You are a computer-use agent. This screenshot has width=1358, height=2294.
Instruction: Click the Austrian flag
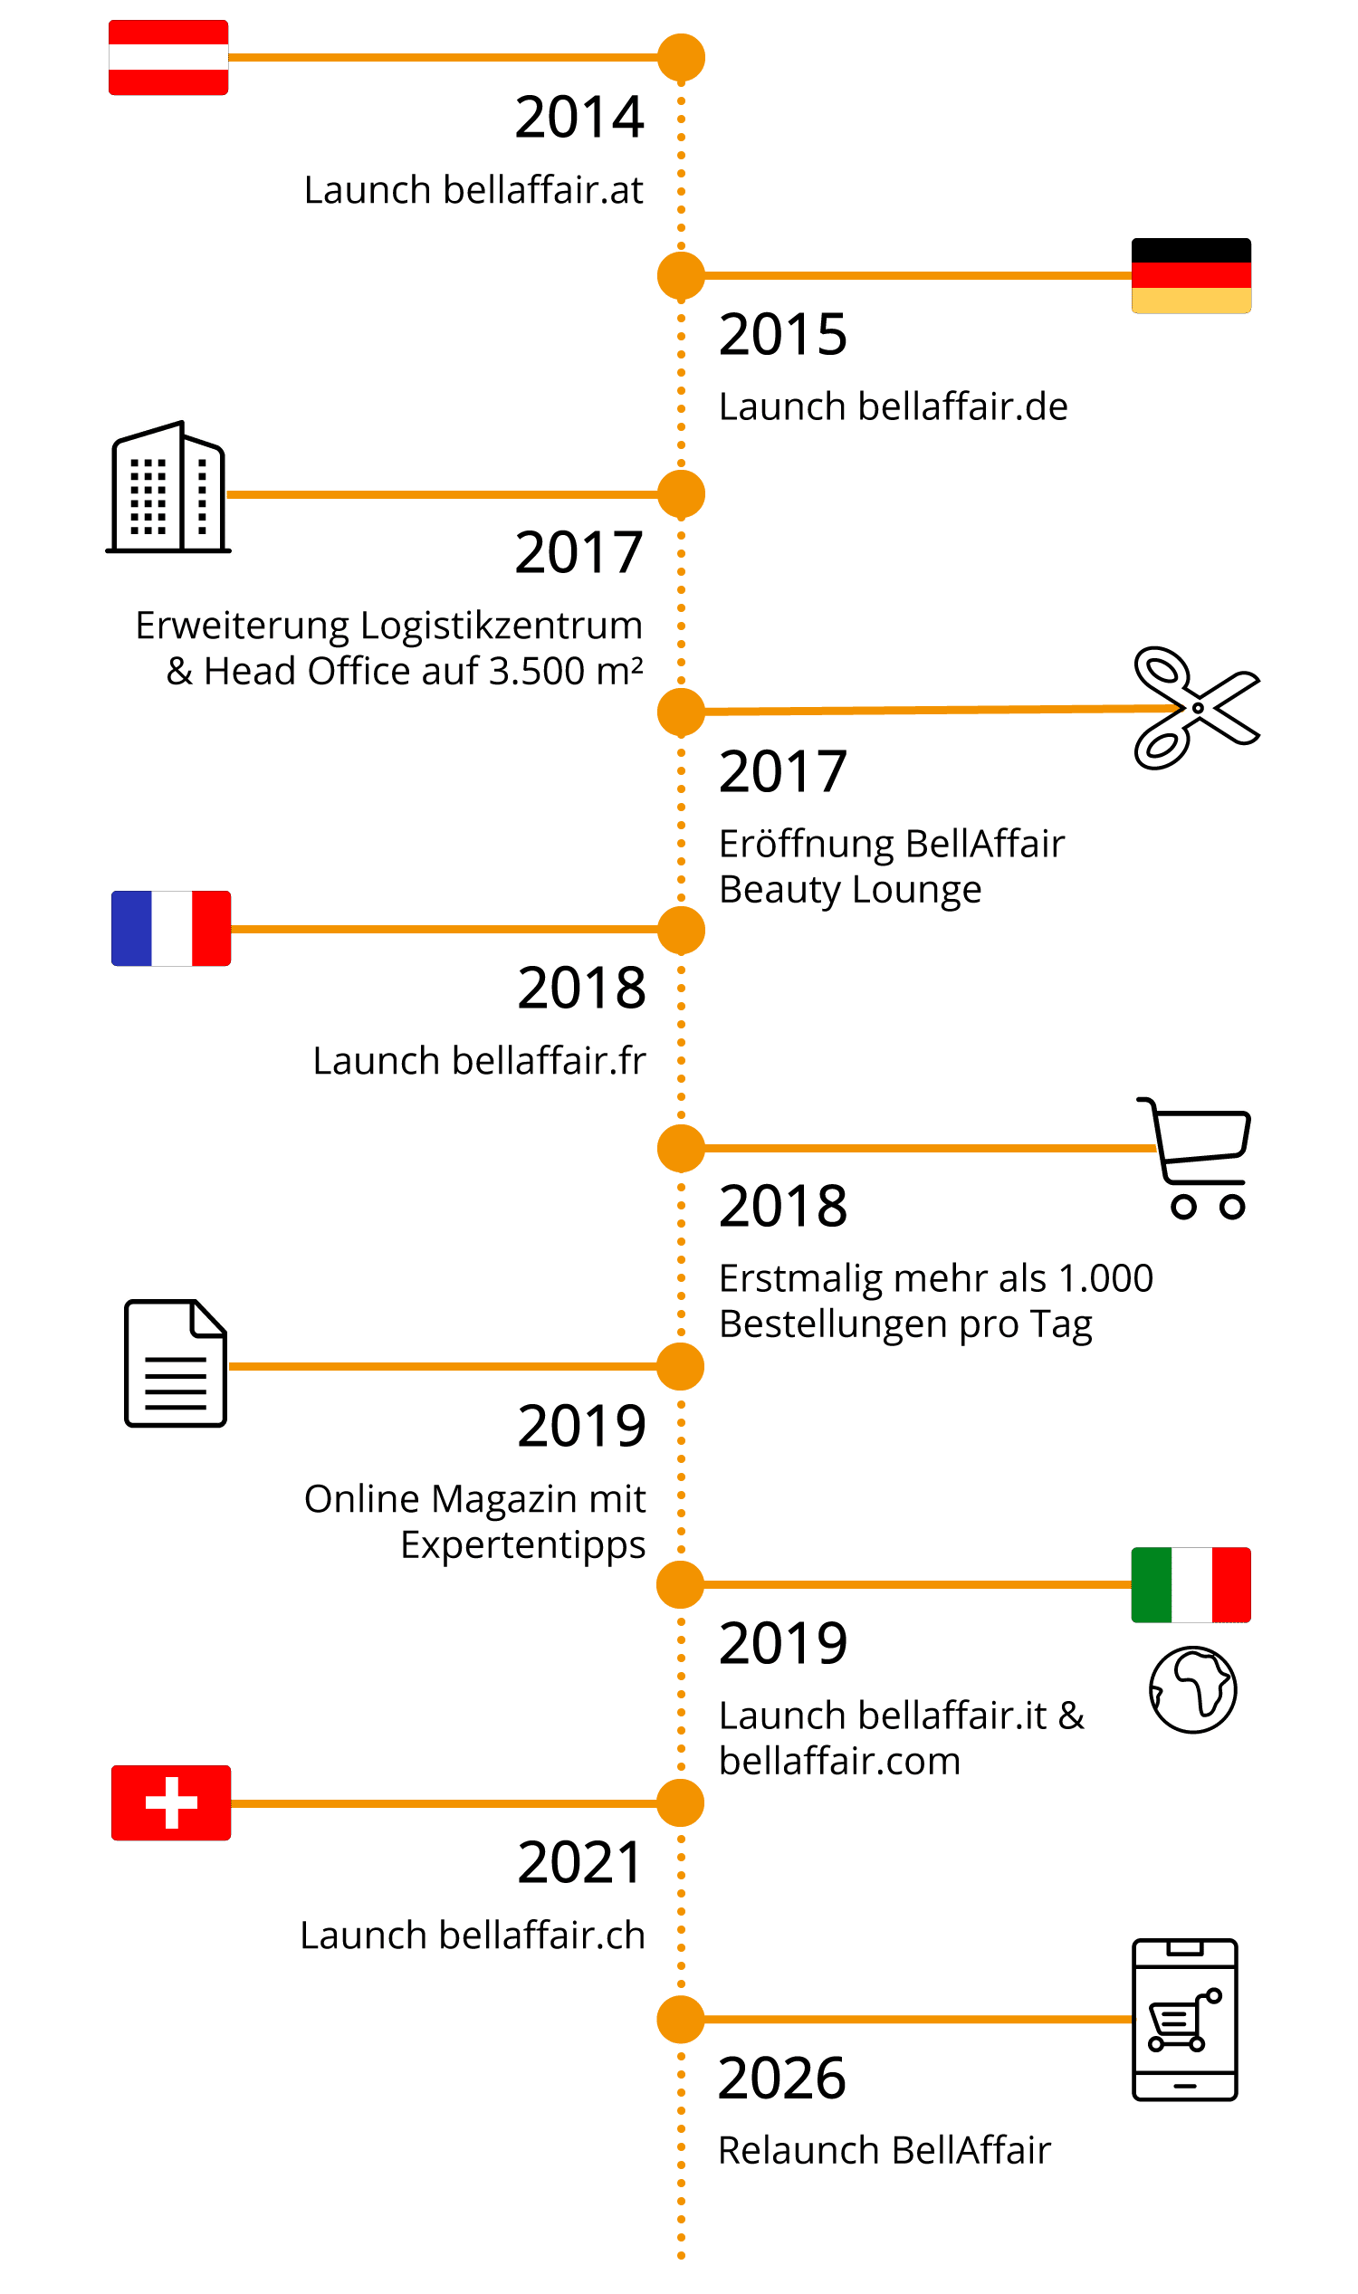(168, 58)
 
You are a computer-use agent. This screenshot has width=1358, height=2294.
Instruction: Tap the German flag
(1191, 275)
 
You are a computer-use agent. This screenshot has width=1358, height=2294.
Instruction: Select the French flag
(171, 928)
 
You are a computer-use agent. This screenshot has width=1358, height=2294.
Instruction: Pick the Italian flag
(1191, 1585)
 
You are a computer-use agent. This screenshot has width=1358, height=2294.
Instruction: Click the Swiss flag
(171, 1802)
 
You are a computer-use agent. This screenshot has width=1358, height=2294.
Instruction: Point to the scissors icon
(1194, 707)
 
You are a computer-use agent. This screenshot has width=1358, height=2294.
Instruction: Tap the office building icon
(168, 488)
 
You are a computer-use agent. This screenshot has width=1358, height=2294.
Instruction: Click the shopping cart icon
(1197, 1158)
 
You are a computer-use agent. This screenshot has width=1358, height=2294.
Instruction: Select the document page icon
(175, 1363)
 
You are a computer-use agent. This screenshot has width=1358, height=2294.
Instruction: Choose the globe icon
(1192, 1689)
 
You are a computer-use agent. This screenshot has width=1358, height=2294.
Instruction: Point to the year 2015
(783, 334)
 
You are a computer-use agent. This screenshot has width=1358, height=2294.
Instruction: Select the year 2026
(782, 2078)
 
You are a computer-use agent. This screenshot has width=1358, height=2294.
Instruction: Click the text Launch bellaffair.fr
(479, 1061)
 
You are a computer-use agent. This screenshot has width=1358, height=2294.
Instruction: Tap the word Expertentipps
(522, 1545)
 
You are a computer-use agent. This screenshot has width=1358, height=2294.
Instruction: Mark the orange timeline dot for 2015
(681, 275)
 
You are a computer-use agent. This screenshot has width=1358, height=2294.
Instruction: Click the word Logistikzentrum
(502, 626)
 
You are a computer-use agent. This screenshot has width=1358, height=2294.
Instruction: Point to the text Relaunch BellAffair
(884, 2150)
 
